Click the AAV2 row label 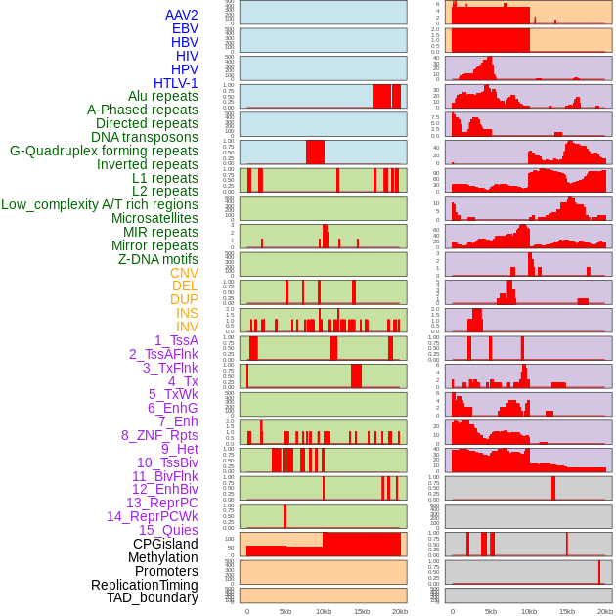(x=181, y=15)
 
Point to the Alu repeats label (x=162, y=96)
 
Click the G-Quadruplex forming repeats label (x=104, y=151)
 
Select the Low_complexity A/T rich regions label (x=100, y=204)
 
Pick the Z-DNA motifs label (x=158, y=259)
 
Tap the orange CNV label (x=184, y=273)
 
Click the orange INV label (x=187, y=327)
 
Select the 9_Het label (x=179, y=449)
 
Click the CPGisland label (x=165, y=544)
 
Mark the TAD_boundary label (x=152, y=597)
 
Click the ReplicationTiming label (x=144, y=585)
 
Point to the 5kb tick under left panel (x=286, y=611)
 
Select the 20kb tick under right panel (x=605, y=611)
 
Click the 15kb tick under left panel (x=362, y=611)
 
